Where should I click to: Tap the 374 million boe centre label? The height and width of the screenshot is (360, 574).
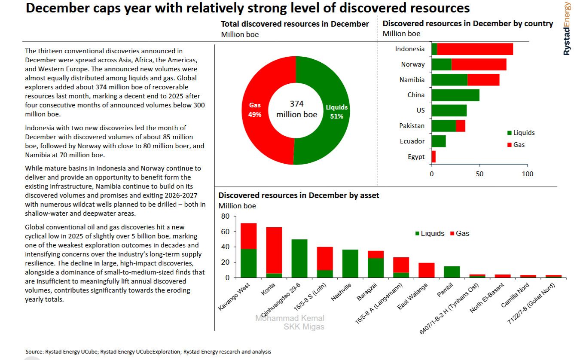296,110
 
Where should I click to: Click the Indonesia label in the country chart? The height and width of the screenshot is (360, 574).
409,49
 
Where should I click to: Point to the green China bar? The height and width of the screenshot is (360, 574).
455,95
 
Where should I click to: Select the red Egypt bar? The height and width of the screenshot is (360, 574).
434,156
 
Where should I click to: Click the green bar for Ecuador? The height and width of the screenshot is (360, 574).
438,141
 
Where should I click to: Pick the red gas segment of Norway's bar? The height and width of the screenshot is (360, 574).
479,64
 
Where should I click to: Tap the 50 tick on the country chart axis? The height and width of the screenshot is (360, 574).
479,174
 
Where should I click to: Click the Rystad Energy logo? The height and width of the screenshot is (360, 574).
568,28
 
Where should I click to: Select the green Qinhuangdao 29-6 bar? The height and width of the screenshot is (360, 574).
299,258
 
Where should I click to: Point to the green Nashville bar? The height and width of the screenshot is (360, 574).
350,263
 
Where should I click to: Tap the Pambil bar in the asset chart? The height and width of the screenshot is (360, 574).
452,272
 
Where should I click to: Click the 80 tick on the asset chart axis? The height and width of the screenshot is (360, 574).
226,216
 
